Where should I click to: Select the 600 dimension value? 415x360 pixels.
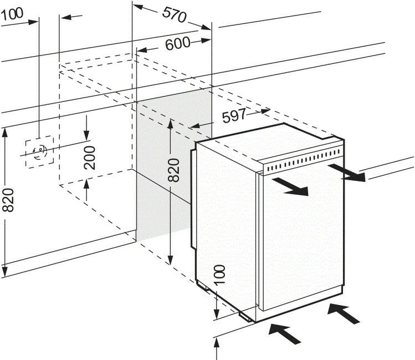click(177, 43)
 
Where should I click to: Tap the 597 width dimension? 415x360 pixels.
click(234, 116)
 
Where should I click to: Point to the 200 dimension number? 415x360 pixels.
click(91, 157)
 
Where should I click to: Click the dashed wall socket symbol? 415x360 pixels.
click(39, 150)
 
